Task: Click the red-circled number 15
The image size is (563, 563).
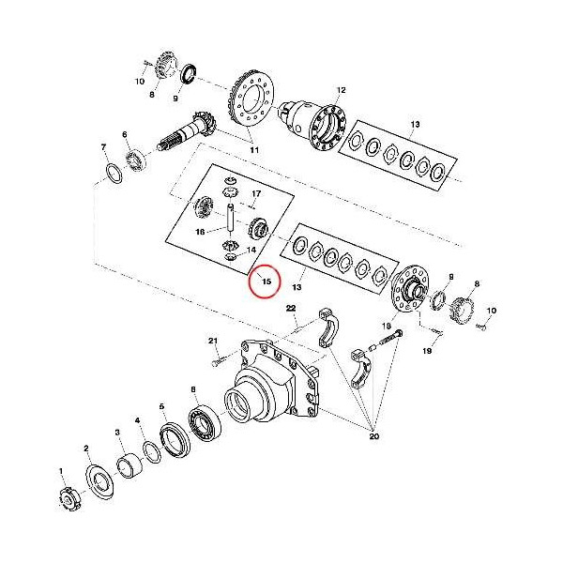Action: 265,281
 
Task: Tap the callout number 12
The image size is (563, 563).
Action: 342,90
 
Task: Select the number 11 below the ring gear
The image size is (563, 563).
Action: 253,149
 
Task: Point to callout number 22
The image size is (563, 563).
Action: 291,309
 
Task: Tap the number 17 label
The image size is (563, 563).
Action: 255,194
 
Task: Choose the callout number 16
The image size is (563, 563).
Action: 200,231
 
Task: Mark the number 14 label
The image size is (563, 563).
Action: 251,250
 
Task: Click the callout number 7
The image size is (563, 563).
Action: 103,147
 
